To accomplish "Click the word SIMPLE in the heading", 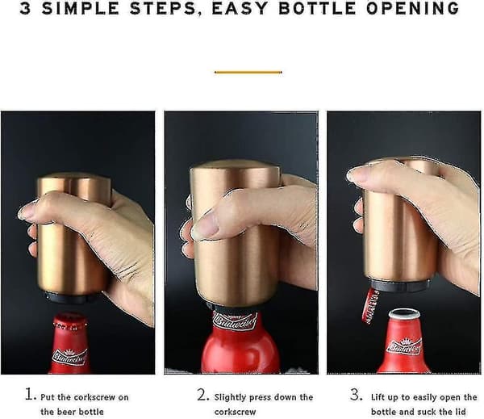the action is click(x=80, y=8).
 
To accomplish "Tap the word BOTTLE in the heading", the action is click(x=317, y=8).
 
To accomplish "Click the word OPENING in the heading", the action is click(x=413, y=8).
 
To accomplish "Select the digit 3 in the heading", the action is click(x=25, y=8).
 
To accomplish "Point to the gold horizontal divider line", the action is click(x=248, y=73).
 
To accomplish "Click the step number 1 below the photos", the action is click(x=31, y=394).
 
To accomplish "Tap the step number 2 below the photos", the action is click(x=203, y=395).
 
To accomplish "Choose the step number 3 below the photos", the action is click(x=357, y=394).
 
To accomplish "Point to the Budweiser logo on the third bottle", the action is click(x=404, y=346).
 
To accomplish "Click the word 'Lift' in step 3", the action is click(x=378, y=396).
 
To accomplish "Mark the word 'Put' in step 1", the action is click(x=48, y=396).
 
